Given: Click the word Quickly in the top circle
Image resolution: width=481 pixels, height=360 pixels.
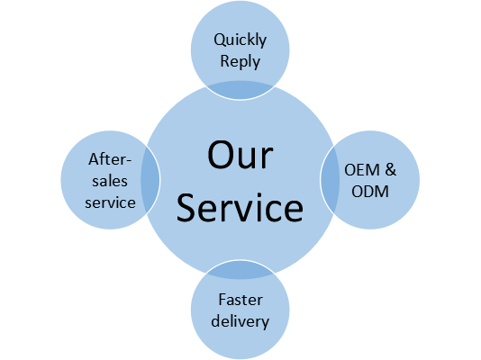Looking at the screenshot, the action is click(240, 40).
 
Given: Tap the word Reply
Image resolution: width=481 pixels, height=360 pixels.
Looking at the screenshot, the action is click(240, 61).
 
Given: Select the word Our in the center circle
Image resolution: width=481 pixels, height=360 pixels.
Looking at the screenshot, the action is click(240, 155).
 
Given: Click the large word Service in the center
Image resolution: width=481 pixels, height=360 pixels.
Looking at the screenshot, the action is click(240, 207).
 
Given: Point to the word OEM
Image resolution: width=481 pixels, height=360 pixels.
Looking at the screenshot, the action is click(362, 170).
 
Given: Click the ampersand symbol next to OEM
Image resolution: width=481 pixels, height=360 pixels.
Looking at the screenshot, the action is click(391, 170).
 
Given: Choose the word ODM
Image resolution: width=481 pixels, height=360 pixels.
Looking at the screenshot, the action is click(370, 192).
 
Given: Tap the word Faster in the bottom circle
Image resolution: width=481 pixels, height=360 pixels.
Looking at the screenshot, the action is click(240, 300).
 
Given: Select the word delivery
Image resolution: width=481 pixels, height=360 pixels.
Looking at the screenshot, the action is click(240, 321).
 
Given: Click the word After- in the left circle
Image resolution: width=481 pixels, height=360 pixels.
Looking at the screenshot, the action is click(110, 159).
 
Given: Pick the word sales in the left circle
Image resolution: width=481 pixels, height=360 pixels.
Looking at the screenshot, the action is click(110, 181).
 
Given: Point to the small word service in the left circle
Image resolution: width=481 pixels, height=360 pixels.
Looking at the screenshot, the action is click(110, 202).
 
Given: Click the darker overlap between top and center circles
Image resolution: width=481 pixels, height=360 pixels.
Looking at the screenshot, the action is click(240, 90).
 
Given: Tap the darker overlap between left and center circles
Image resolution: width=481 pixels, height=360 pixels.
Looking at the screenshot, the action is click(150, 180).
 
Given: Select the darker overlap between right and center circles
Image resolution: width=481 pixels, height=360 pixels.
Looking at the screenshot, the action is click(330, 180).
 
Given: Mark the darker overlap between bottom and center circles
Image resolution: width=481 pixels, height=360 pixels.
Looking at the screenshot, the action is click(240, 270).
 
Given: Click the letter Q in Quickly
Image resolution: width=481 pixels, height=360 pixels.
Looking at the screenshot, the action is click(220, 40).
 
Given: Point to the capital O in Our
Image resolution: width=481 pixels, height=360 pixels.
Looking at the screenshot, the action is click(221, 155).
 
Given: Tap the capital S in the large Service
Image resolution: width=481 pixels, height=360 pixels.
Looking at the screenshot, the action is click(186, 207).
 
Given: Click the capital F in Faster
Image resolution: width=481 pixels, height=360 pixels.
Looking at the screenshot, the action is click(222, 300).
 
